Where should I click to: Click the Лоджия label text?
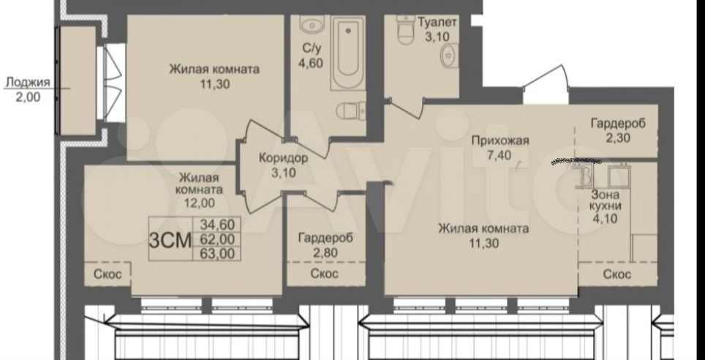[x=27, y=83]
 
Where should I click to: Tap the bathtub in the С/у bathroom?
[x=347, y=53]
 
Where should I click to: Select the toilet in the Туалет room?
[x=406, y=29]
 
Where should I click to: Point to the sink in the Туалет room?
[x=449, y=56]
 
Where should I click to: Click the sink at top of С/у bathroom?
[x=312, y=24]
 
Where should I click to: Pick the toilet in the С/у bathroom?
[x=351, y=110]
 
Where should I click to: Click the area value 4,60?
[x=310, y=62]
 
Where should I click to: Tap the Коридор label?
[x=284, y=158]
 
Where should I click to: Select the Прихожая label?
[x=500, y=140]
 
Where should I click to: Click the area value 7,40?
[x=499, y=155]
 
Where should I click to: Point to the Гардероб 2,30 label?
[x=618, y=130]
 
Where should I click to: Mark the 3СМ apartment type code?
[x=170, y=239]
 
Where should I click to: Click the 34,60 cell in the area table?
[x=220, y=224]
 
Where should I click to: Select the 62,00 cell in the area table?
[x=220, y=239]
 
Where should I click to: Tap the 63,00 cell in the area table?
[x=220, y=254]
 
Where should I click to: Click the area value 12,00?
[x=199, y=203]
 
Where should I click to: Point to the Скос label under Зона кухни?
[x=617, y=274]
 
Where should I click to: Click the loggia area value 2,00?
[x=28, y=97]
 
